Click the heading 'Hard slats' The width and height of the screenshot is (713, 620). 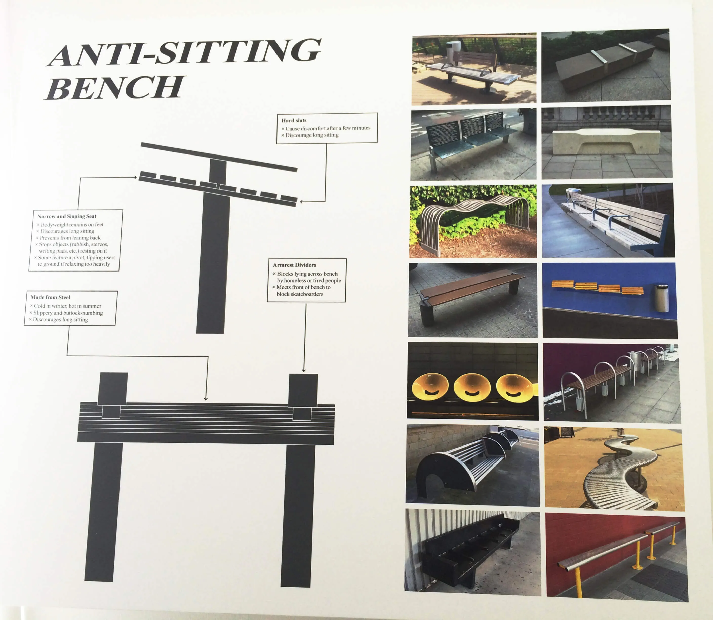294,120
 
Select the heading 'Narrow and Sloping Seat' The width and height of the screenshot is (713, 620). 67,216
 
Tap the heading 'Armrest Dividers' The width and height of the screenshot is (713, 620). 294,265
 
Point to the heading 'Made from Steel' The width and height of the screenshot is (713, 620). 50,297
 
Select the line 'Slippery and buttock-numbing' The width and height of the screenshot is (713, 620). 66,313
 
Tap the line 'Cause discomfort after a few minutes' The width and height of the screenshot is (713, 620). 326,128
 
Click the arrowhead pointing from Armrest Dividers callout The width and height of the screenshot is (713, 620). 304,370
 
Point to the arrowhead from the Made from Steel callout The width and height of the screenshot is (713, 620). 206,399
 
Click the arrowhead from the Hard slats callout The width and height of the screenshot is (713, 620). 301,201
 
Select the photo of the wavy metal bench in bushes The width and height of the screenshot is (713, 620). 473,221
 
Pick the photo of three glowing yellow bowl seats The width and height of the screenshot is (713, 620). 472,381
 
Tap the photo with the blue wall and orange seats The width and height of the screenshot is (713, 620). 609,300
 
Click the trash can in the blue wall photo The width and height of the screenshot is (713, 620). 661,298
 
